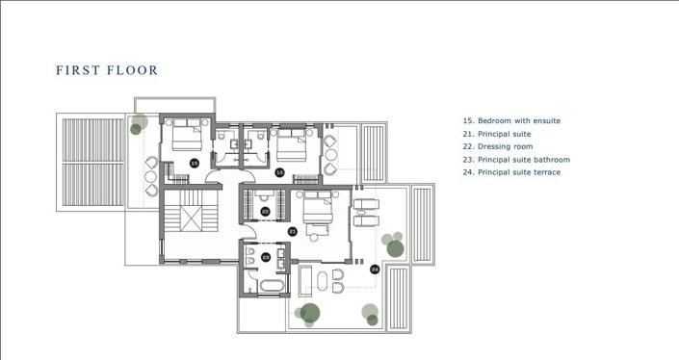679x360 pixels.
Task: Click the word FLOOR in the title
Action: click(132, 70)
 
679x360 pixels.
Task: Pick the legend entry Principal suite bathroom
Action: click(516, 160)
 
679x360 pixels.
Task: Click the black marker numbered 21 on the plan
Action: click(291, 231)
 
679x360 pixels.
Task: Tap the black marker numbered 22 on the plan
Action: click(265, 211)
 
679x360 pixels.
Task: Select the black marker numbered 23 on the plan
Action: click(265, 257)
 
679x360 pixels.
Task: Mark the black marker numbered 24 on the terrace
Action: click(375, 270)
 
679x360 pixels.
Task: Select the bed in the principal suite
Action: click(317, 209)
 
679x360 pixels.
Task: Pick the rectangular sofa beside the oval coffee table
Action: click(306, 283)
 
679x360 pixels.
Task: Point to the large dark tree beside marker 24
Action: click(395, 248)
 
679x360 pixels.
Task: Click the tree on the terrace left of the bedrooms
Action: click(139, 124)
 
